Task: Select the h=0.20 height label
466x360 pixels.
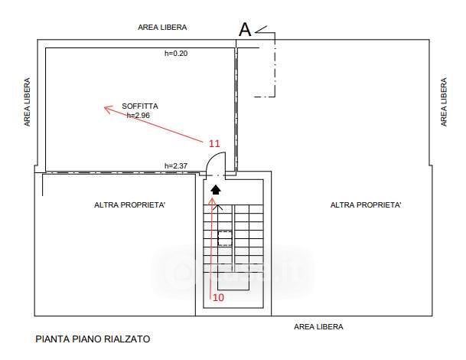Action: coord(176,54)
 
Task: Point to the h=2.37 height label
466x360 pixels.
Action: coord(176,166)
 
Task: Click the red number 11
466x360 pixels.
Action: coord(214,143)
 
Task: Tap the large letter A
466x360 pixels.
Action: coord(245,30)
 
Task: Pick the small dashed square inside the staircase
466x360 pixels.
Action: coord(225,238)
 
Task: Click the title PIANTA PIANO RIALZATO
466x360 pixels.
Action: coord(93,338)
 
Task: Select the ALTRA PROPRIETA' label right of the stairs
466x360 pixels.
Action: coord(366,205)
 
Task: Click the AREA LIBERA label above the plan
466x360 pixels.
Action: coord(162,27)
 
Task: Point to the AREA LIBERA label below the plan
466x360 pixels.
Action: coord(319,326)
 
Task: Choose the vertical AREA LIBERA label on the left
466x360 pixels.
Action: coord(28,102)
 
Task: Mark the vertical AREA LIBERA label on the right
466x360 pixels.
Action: coord(444,102)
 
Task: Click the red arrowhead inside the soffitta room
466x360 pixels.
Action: coord(108,109)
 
